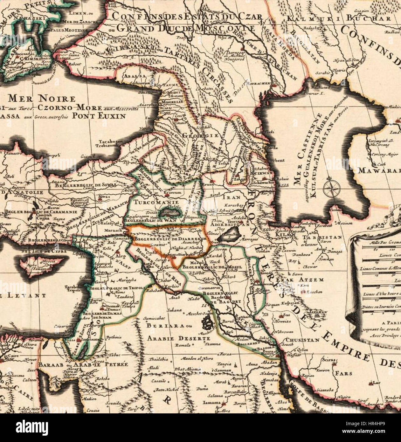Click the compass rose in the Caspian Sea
coord(331,188)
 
